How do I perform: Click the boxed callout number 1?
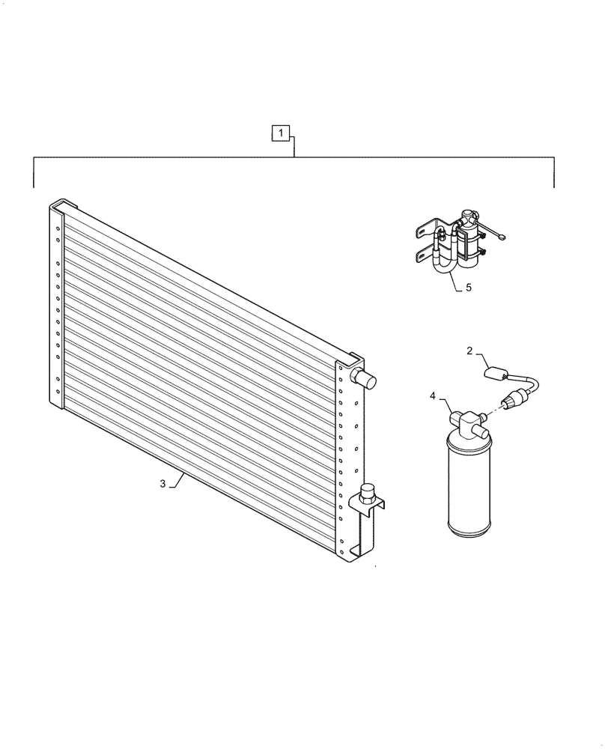[279, 134]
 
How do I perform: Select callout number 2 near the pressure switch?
[469, 351]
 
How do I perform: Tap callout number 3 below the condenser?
[162, 484]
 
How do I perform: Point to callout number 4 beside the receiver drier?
[432, 395]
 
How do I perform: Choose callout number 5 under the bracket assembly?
[469, 286]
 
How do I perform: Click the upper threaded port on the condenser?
[368, 377]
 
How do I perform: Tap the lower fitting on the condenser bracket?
[368, 494]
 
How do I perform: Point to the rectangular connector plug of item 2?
[498, 371]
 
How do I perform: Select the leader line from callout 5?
[455, 281]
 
